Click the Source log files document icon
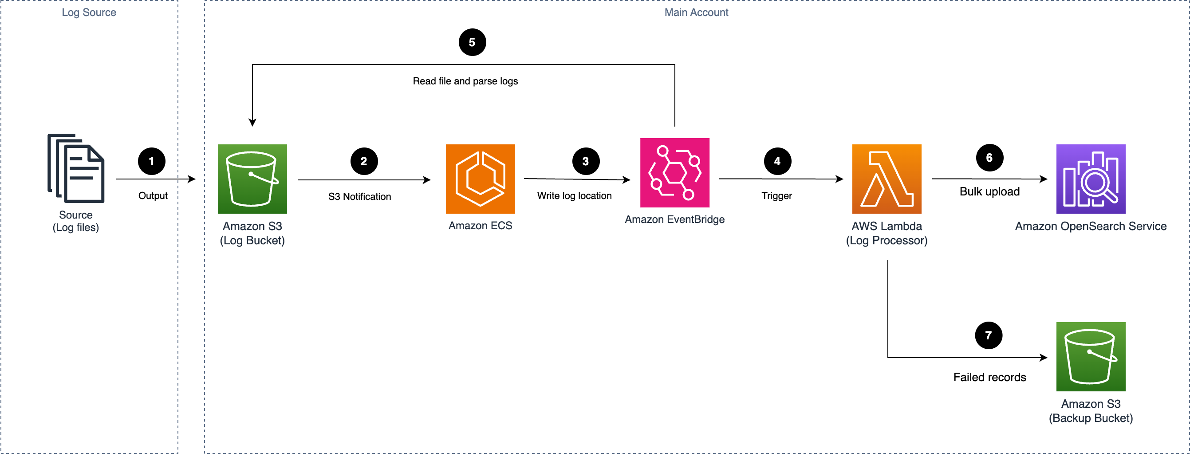click(76, 168)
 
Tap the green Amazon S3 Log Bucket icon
click(252, 179)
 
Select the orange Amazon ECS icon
click(480, 179)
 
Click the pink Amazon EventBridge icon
click(674, 172)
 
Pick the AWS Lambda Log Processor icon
click(887, 179)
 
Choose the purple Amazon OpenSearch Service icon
click(1091, 179)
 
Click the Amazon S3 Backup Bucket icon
click(1091, 356)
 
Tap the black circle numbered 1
click(151, 161)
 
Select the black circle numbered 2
click(364, 161)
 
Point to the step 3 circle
click(586, 161)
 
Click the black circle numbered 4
click(777, 161)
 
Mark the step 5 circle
click(472, 42)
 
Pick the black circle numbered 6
click(989, 158)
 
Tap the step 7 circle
click(989, 335)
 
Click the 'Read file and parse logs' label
click(465, 81)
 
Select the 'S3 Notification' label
click(359, 196)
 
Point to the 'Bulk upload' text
click(989, 191)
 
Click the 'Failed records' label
click(989, 377)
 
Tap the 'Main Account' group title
click(696, 12)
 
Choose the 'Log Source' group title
click(89, 12)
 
